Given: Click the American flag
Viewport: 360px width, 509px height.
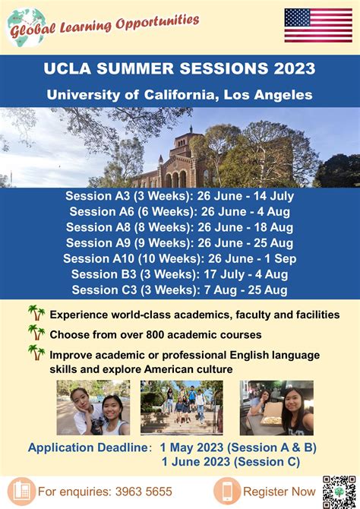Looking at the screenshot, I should [x=318, y=25].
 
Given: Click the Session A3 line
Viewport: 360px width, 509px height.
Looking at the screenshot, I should [x=179, y=196].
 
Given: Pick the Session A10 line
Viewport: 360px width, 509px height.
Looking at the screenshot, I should [x=179, y=259].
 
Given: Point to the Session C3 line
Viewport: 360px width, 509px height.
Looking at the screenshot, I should [x=179, y=290].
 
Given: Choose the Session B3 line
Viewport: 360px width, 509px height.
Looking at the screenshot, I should [x=179, y=274].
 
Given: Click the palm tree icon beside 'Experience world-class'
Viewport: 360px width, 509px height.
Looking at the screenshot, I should [x=36, y=313].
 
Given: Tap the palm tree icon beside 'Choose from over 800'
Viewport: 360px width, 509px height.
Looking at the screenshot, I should [x=36, y=333].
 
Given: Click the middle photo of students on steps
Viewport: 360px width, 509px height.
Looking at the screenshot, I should [x=182, y=408].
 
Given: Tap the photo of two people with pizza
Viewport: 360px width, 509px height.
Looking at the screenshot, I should [x=276, y=408].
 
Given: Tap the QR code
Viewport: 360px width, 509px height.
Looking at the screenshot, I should [x=339, y=491].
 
